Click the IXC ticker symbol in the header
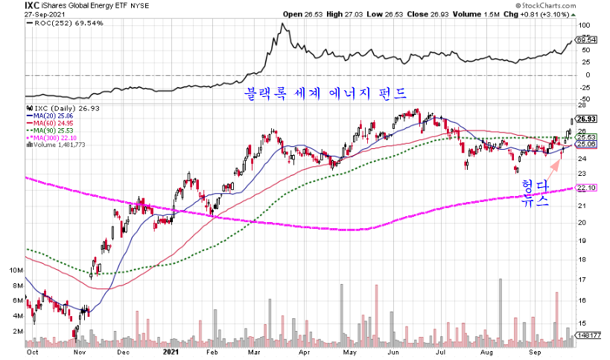(32, 5)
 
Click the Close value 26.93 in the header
(454, 14)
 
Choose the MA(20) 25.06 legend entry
(52, 116)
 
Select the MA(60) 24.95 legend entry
(52, 123)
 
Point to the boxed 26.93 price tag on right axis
(587, 118)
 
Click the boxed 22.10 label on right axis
(587, 188)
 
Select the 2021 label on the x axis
(172, 350)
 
